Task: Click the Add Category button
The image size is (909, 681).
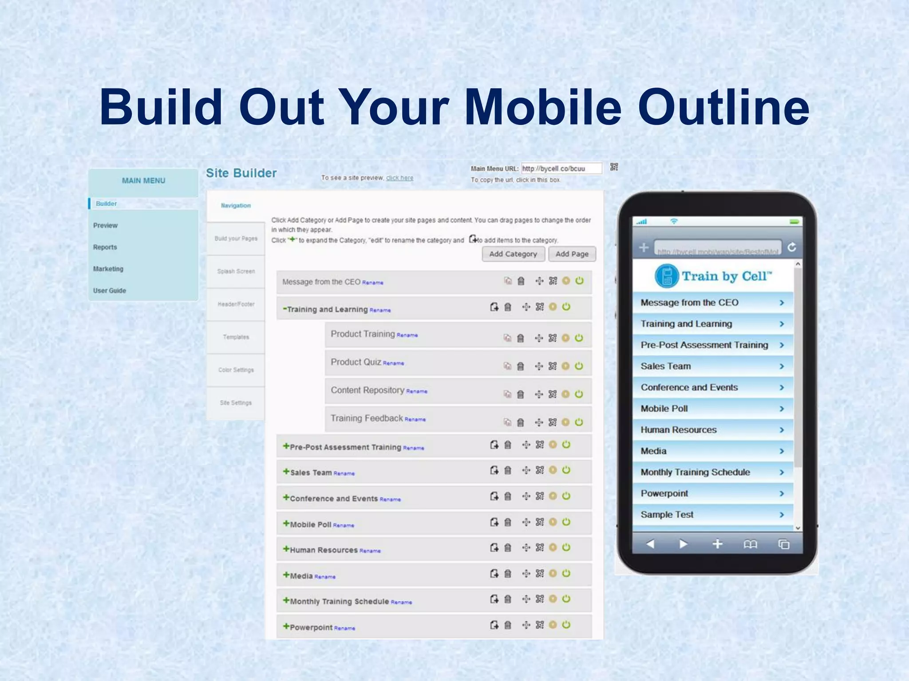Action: (513, 254)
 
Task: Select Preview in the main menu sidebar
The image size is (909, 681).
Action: (105, 225)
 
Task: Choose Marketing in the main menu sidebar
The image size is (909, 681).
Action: (108, 269)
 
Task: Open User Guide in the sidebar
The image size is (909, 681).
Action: (110, 290)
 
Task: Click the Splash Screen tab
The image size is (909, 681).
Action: (236, 271)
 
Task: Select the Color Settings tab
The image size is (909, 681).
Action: (236, 370)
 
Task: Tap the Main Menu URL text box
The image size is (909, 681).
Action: (561, 168)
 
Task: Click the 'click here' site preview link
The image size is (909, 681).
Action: (399, 178)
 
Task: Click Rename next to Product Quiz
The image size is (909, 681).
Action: (393, 364)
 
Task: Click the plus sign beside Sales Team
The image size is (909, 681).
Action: (286, 472)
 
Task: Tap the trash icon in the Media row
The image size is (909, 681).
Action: (508, 574)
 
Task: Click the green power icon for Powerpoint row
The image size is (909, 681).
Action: (566, 625)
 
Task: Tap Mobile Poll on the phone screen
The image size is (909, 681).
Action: (664, 408)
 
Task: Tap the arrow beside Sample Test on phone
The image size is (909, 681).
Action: (782, 515)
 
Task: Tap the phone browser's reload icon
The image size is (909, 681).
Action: (792, 247)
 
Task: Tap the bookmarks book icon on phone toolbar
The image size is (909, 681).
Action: (750, 544)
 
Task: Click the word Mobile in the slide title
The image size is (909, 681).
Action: (543, 107)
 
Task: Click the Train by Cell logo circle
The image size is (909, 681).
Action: (667, 276)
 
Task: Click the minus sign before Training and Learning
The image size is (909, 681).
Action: (285, 309)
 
